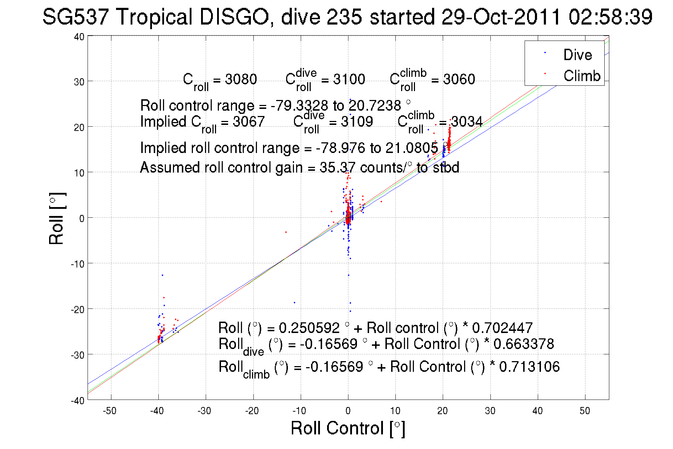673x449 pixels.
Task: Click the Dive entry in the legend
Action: click(577, 55)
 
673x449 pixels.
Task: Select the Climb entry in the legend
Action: click(582, 76)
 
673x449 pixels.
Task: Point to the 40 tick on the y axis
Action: click(79, 37)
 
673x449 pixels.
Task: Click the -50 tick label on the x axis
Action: click(109, 411)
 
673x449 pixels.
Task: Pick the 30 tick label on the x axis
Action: click(490, 411)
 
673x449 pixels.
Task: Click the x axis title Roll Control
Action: click(348, 428)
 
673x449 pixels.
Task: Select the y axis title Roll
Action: click(57, 218)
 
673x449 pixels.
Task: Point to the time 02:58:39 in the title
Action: click(610, 17)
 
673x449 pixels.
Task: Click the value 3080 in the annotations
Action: click(241, 79)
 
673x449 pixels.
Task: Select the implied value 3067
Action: click(248, 122)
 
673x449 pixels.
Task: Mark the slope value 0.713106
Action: click(529, 367)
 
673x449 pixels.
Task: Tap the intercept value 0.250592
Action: click(309, 328)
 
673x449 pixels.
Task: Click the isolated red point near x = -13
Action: click(286, 232)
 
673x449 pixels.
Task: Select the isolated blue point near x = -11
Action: click(294, 302)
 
